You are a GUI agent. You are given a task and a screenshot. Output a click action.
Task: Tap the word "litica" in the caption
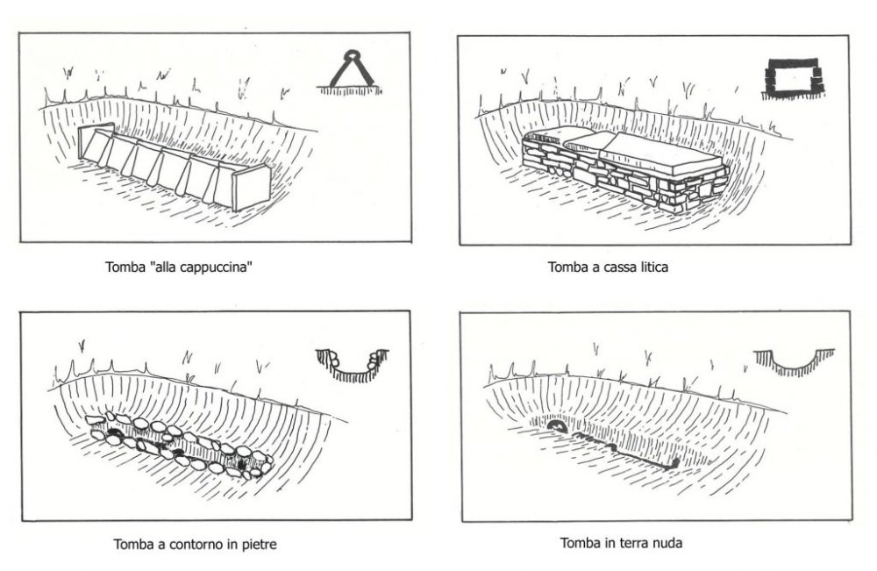point(650,268)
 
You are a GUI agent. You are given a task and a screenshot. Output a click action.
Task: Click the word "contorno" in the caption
point(196,545)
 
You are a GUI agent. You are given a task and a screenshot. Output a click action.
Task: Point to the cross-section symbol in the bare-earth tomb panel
point(794,360)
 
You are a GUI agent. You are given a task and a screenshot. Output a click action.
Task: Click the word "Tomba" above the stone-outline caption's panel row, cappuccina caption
point(123,268)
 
